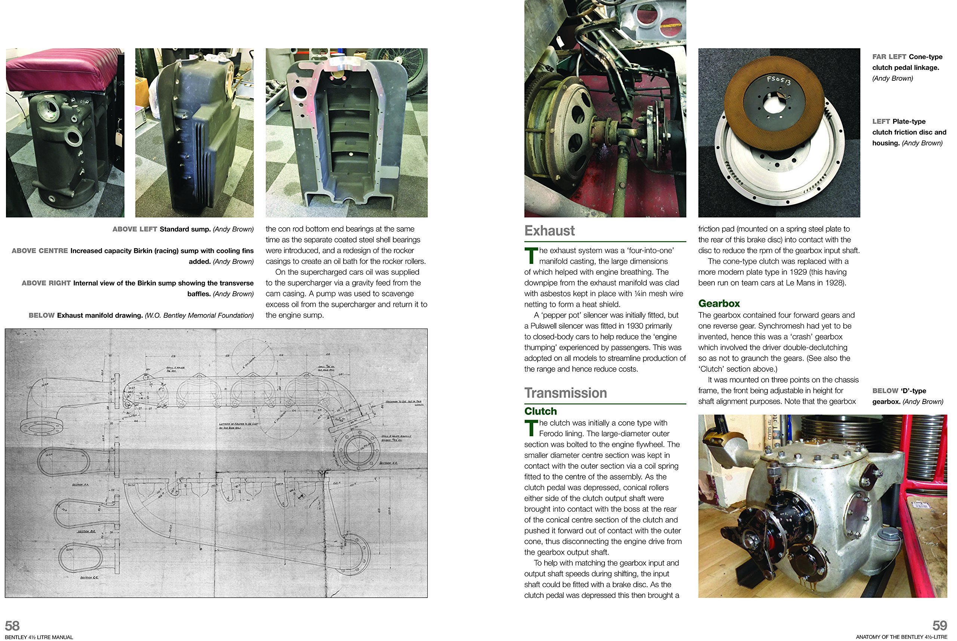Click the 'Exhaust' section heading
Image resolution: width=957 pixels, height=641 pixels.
549,231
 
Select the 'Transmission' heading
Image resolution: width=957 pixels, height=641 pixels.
565,393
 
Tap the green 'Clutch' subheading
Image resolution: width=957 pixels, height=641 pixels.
540,411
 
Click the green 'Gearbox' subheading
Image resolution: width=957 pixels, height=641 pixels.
718,303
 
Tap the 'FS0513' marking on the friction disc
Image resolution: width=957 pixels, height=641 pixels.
778,80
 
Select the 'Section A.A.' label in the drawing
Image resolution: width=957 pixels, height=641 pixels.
80,484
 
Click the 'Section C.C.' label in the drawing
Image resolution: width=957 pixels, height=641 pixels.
89,577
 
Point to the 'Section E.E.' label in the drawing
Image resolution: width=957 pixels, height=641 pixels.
388,463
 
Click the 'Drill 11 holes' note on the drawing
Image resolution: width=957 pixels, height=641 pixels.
175,368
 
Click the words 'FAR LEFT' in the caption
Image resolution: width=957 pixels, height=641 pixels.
889,57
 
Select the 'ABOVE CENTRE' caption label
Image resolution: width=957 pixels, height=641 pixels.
40,250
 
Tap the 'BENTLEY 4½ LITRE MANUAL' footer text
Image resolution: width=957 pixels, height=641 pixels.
39,637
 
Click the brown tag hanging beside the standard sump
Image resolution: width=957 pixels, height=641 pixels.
119,138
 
